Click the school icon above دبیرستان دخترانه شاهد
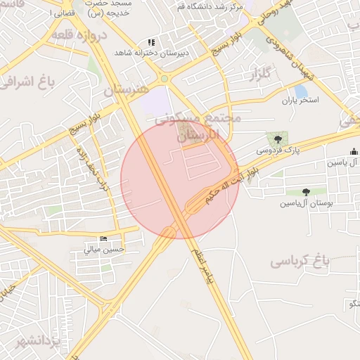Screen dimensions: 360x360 click(x=151, y=43)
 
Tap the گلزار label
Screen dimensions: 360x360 click(x=260, y=73)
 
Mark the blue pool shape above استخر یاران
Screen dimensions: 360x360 click(x=302, y=91)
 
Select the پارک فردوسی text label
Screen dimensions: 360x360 click(x=271, y=150)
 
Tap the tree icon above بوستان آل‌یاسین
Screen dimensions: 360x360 click(x=306, y=192)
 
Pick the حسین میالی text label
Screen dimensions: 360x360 click(x=105, y=249)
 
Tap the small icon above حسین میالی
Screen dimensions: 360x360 click(x=104, y=239)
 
